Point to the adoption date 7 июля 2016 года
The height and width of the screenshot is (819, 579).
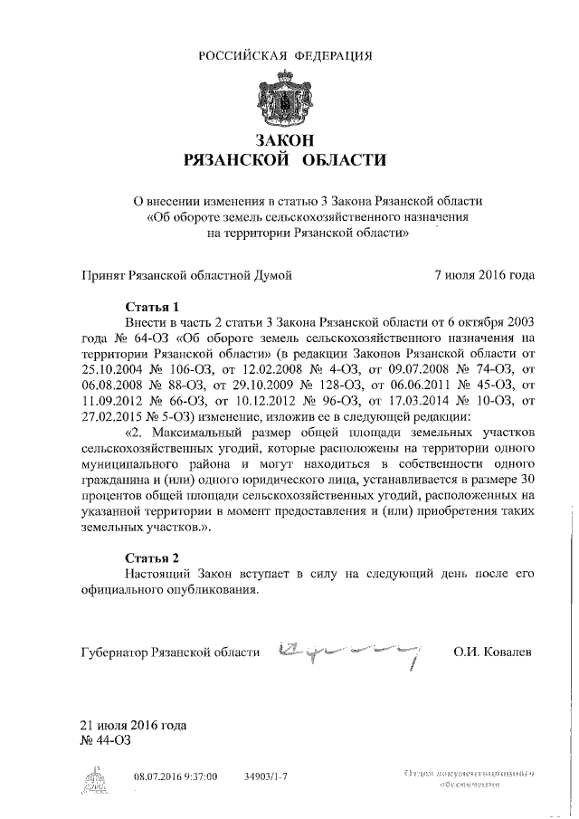(x=484, y=273)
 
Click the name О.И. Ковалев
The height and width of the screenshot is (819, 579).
(x=493, y=652)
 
